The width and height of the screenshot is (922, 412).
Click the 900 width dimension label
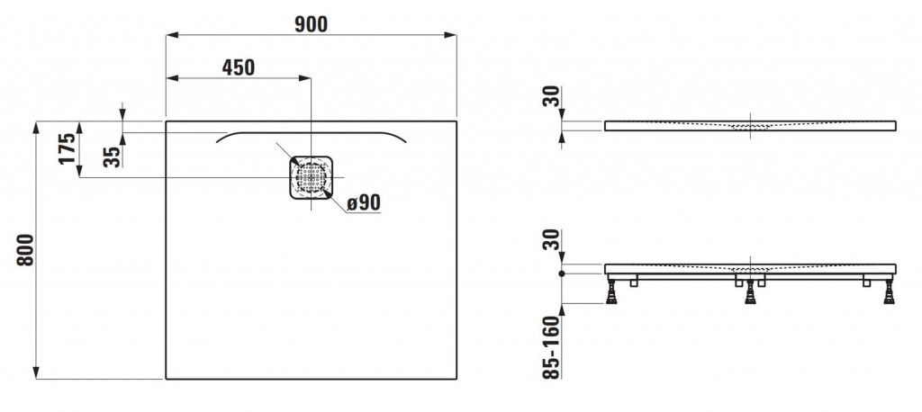tap(311, 23)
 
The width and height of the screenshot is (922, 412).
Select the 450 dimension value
tap(239, 67)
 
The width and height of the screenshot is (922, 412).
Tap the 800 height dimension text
tap(25, 250)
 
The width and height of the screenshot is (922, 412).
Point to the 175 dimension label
tap(68, 148)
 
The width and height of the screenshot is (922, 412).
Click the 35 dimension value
tap(112, 157)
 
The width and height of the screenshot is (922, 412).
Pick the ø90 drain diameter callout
tap(364, 202)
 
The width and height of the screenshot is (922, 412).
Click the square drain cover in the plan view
tap(311, 177)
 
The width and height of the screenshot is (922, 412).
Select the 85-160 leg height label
tap(551, 346)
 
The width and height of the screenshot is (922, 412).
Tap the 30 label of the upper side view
tap(553, 96)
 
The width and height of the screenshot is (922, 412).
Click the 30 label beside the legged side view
tap(553, 240)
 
